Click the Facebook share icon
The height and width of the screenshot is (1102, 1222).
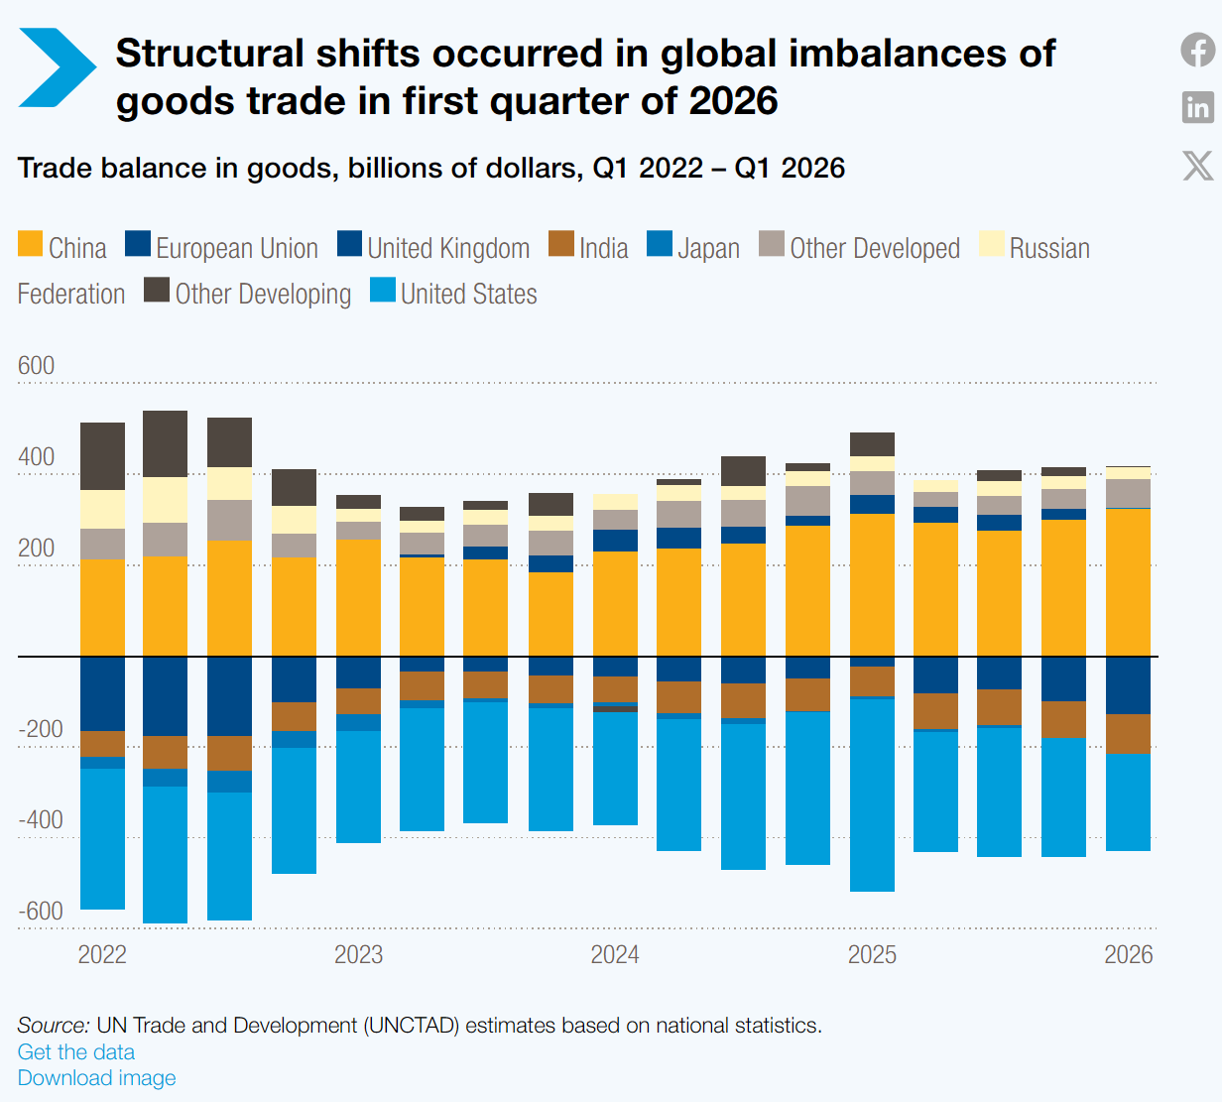[1197, 50]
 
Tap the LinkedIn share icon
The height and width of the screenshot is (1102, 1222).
[1197, 108]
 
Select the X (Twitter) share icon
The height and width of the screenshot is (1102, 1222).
[1197, 166]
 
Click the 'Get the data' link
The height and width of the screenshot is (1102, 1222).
[76, 1051]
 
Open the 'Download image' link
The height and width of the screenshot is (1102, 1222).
[96, 1077]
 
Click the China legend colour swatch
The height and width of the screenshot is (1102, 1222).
[31, 244]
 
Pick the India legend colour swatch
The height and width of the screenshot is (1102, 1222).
[561, 244]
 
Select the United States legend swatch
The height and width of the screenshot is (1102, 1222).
[383, 290]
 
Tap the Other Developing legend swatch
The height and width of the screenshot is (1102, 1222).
[157, 290]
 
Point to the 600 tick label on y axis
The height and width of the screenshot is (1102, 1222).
[36, 365]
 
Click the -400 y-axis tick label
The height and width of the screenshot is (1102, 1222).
[41, 820]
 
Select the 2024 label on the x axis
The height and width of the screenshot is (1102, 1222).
[615, 954]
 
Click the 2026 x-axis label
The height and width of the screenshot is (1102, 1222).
[1128, 954]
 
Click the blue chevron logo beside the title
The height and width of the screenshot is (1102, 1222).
[58, 67]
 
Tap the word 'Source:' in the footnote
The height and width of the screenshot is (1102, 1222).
[53, 1026]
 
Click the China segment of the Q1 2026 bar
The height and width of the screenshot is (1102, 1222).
[1128, 582]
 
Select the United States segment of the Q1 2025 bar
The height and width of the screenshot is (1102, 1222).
[872, 795]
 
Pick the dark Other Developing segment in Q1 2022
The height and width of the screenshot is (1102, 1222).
[102, 456]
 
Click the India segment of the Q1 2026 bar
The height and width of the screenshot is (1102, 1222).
[1128, 734]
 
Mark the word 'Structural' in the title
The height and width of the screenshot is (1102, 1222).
[209, 53]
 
